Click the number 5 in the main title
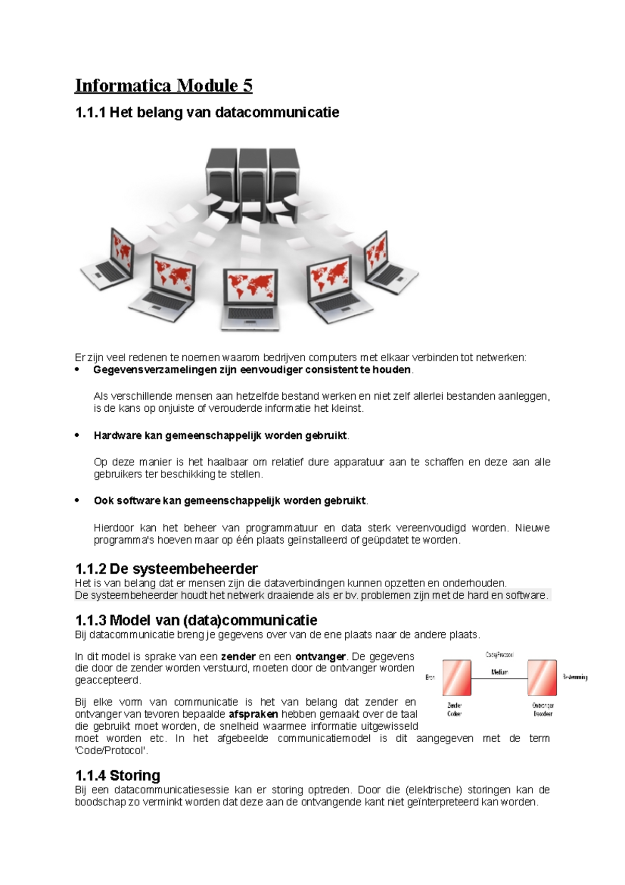(247, 85)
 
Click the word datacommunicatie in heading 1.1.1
(277, 112)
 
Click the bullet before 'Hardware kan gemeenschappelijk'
(78, 435)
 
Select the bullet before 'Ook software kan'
(78, 500)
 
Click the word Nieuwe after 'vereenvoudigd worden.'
(532, 528)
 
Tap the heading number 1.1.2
(91, 568)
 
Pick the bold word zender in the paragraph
(238, 656)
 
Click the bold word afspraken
(254, 714)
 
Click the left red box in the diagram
(457, 678)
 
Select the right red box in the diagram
(542, 678)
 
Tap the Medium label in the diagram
(499, 672)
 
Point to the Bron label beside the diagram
(430, 678)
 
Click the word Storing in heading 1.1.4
(135, 776)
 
